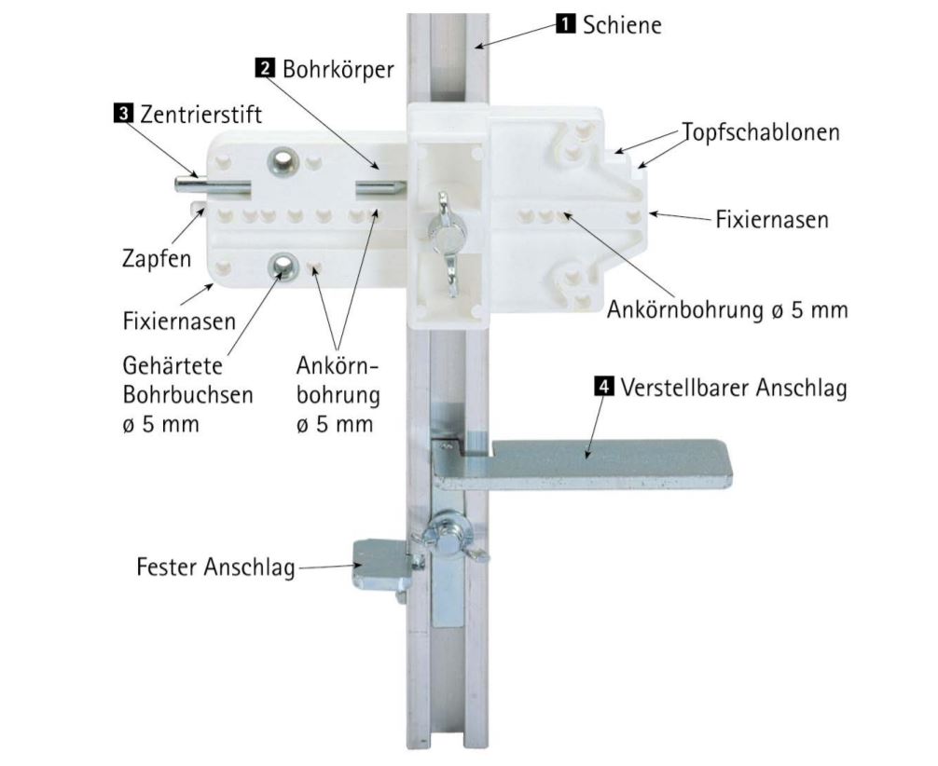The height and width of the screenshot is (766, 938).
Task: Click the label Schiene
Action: [x=622, y=25]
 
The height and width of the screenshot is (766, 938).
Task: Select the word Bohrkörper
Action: [x=338, y=69]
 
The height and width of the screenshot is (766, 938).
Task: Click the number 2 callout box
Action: [x=265, y=67]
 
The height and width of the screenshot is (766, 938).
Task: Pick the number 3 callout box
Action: [x=122, y=114]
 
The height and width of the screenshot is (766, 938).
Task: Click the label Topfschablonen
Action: [x=760, y=132]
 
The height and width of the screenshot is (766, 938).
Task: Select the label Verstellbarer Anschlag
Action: [x=735, y=388]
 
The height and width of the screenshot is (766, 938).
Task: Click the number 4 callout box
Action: [x=605, y=385]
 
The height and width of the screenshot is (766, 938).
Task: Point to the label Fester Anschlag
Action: [x=214, y=567]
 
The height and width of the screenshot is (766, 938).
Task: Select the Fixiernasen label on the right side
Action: [x=772, y=221]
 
